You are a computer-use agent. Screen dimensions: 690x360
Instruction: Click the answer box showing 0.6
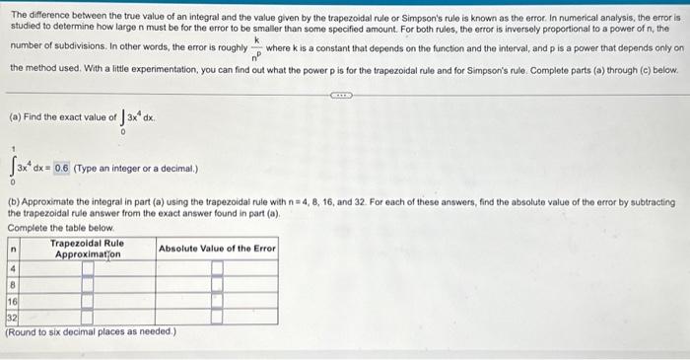[62, 168]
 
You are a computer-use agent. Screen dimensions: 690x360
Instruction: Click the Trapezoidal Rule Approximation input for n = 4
[88, 267]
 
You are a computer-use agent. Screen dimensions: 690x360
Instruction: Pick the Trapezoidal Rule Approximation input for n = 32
[88, 318]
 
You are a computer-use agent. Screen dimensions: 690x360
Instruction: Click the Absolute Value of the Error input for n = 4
[217, 267]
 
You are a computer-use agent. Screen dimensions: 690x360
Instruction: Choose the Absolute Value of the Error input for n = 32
[217, 318]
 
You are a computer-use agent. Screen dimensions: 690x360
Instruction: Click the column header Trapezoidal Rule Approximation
[87, 248]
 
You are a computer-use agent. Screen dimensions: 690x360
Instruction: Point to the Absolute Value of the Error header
[217, 248]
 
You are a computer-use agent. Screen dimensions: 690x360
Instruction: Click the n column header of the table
[13, 248]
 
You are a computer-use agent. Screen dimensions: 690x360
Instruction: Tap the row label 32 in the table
[13, 318]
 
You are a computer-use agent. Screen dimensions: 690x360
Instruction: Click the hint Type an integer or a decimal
[136, 168]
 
